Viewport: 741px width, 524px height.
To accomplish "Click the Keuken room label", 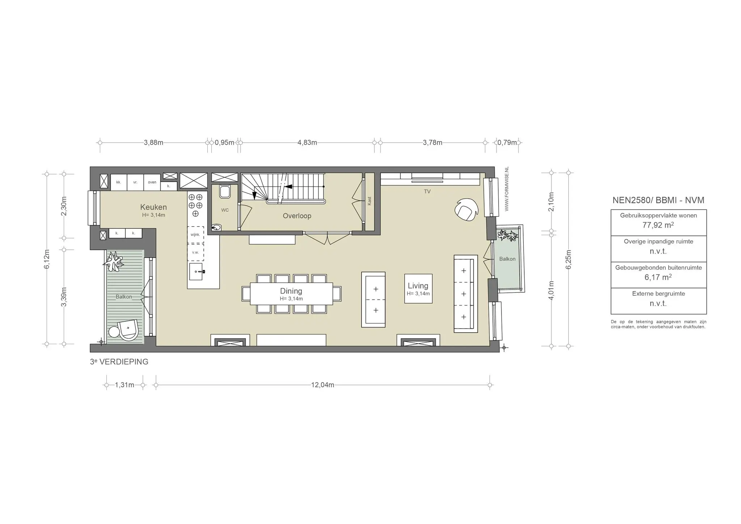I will pos(153,207).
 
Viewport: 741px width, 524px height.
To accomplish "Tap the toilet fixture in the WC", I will pos(225,191).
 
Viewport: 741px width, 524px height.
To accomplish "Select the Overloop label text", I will pos(297,216).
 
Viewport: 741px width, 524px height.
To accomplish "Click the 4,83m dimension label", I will pos(307,143).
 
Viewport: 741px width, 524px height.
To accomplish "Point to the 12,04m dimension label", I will pos(322,385).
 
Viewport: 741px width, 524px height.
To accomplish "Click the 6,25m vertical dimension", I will pos(568,259).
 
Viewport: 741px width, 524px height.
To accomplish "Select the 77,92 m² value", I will pos(658,225).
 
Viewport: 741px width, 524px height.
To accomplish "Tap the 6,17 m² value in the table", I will pos(658,278).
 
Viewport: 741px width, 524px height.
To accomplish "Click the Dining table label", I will pos(291,291).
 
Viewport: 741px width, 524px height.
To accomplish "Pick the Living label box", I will pos(418,288).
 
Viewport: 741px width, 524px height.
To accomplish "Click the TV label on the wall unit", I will pos(427,191).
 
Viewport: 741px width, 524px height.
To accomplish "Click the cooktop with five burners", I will pos(196,205).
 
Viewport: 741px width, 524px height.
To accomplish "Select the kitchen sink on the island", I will pos(196,271).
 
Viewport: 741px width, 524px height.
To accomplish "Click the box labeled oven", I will pos(152,182).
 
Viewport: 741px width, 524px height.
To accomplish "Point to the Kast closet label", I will pos(369,201).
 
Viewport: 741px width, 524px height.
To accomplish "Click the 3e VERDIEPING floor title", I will pos(119,362).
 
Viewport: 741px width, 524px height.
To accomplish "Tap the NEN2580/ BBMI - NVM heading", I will pos(658,200).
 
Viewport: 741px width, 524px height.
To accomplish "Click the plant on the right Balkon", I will pos(508,236).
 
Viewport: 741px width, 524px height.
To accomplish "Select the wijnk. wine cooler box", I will pos(195,235).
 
